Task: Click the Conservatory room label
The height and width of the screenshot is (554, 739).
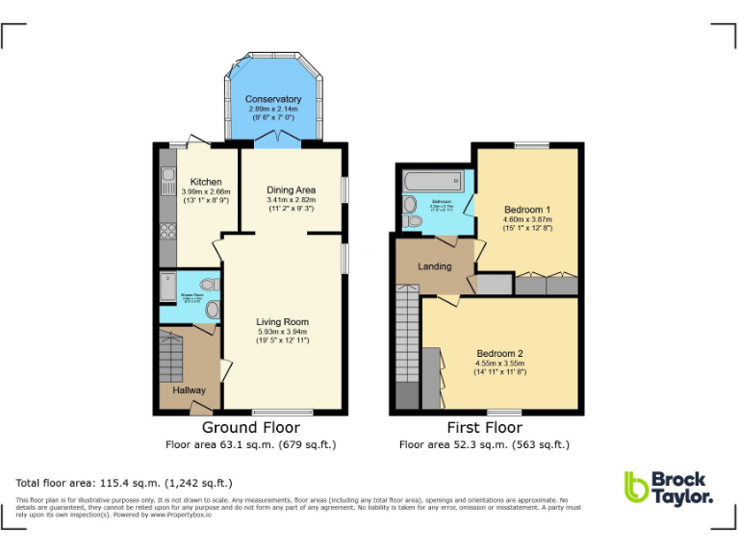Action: point(273,99)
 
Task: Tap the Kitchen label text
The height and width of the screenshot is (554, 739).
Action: point(206,182)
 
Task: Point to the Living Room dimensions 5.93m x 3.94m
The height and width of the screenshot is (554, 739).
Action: point(282,332)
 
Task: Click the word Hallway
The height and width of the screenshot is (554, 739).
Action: point(189,390)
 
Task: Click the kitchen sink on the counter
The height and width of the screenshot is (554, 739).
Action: point(167,176)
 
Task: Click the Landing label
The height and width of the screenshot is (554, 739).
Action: point(434,265)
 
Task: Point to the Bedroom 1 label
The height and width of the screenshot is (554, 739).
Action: point(527,209)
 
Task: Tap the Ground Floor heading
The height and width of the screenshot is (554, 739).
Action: point(250,428)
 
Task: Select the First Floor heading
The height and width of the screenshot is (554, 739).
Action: point(486,428)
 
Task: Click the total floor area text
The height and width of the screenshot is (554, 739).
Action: point(124,483)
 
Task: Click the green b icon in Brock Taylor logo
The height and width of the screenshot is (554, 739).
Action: point(635,487)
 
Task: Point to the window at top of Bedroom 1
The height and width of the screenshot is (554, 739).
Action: point(526,145)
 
